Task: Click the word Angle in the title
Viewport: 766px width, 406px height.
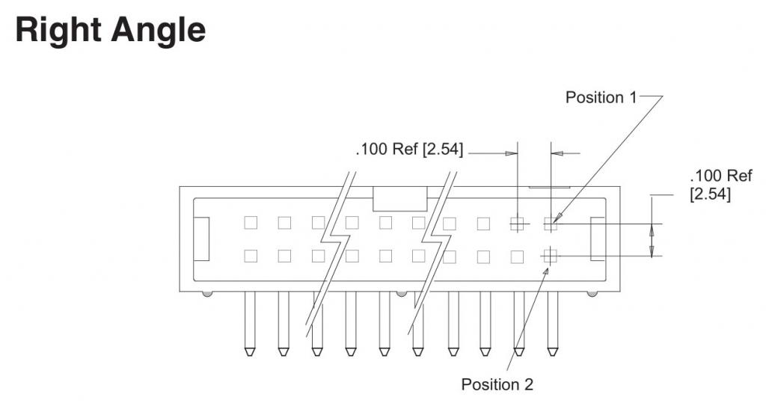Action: point(158,30)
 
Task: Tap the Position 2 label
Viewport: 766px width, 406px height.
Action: point(497,384)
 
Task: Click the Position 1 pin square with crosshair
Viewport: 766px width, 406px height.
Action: point(551,223)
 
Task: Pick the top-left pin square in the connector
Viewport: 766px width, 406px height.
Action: point(251,223)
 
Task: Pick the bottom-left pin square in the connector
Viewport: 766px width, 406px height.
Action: point(251,256)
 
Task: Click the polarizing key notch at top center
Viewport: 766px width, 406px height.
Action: point(399,198)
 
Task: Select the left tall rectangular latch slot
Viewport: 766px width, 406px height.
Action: point(202,239)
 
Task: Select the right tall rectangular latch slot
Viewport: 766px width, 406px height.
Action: point(598,239)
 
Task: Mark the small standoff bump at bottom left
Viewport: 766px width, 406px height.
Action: point(207,294)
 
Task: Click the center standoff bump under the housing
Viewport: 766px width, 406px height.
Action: point(402,294)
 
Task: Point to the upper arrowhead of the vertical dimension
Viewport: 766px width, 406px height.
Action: point(652,230)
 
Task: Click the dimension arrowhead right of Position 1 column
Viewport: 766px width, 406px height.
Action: point(556,153)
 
